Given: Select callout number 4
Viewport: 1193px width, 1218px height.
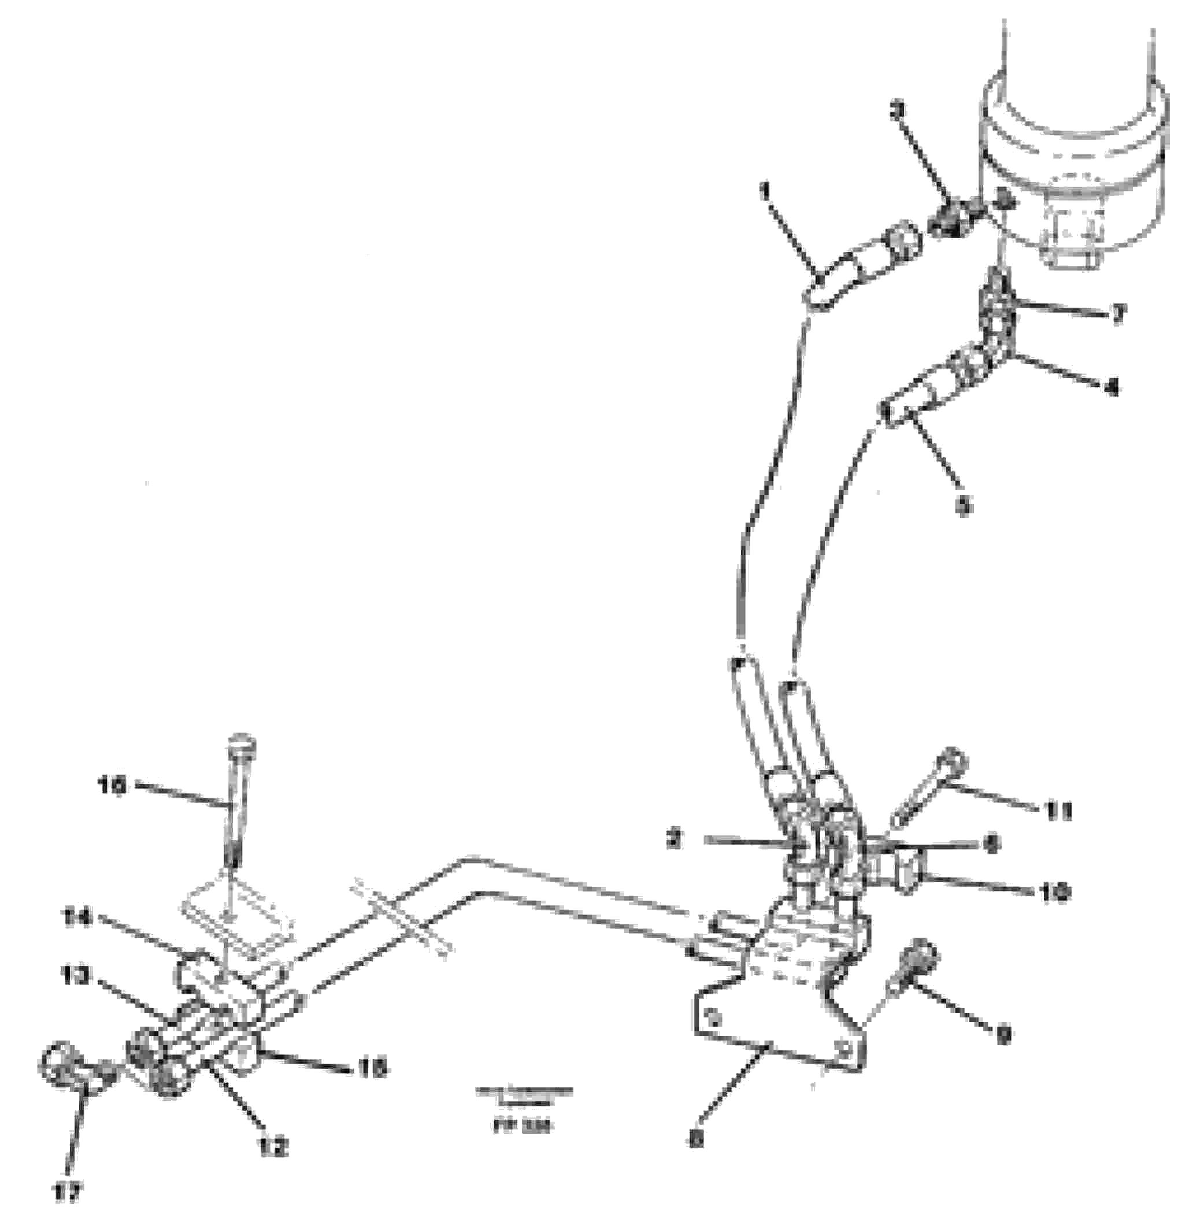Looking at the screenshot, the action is (1112, 389).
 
